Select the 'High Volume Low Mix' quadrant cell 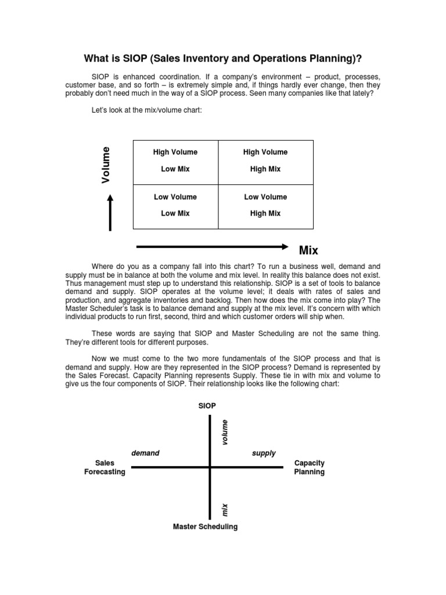(x=175, y=161)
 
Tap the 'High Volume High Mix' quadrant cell (x=265, y=161)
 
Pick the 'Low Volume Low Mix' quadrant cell (x=175, y=205)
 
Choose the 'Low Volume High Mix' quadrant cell (x=265, y=205)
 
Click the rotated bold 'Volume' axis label (x=106, y=165)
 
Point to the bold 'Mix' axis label (x=308, y=250)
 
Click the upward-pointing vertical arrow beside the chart (x=110, y=212)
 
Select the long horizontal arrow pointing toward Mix (x=211, y=246)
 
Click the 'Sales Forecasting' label (x=105, y=468)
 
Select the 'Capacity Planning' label (x=310, y=468)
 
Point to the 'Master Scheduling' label (x=205, y=527)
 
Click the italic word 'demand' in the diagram (x=145, y=453)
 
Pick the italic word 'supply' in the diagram (x=264, y=453)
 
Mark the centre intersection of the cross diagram (x=210, y=467)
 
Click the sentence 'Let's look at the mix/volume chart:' (x=146, y=110)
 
